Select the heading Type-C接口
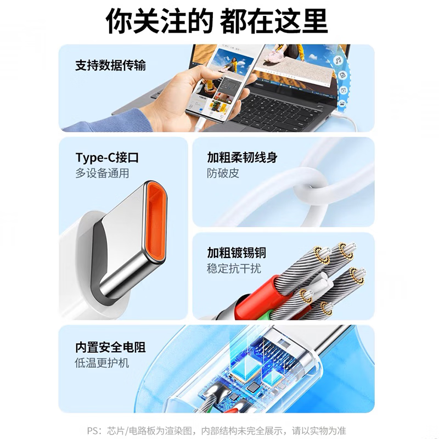(x=107, y=158)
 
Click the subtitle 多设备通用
(x=103, y=174)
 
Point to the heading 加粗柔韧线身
(x=242, y=158)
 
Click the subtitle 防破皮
(x=223, y=174)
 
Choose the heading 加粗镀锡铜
(x=237, y=252)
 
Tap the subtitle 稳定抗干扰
(x=234, y=269)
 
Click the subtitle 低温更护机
(x=103, y=363)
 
